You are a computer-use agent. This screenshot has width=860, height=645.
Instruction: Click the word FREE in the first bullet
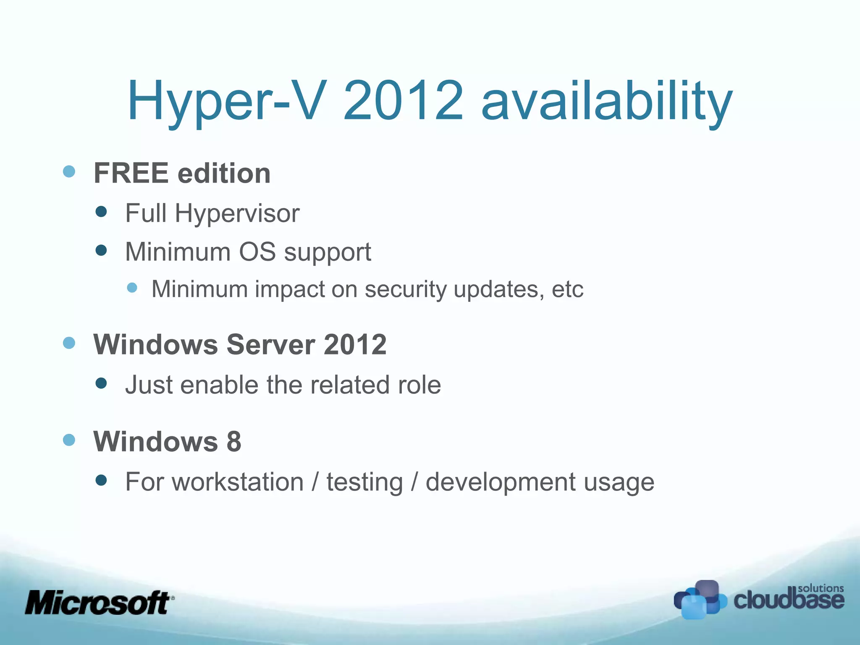[x=131, y=173]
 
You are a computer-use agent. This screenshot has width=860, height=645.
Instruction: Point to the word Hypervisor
[x=237, y=213]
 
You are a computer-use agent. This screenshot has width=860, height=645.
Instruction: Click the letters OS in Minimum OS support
[x=257, y=252]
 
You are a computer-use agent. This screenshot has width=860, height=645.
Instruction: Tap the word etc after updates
[x=567, y=289]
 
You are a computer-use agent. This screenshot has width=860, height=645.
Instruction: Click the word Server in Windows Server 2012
[x=271, y=344]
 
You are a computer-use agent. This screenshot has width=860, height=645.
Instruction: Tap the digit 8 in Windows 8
[x=234, y=441]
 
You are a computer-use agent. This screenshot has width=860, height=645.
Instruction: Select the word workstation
[x=238, y=482]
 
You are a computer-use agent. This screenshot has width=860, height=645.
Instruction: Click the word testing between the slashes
[x=364, y=482]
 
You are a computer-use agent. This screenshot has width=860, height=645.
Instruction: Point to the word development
[x=500, y=482]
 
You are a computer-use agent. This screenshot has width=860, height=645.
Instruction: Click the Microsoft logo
[x=99, y=603]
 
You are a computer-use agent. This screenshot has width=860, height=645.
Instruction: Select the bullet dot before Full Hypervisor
[x=101, y=211]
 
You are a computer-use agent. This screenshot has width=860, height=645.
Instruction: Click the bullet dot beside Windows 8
[x=69, y=440]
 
